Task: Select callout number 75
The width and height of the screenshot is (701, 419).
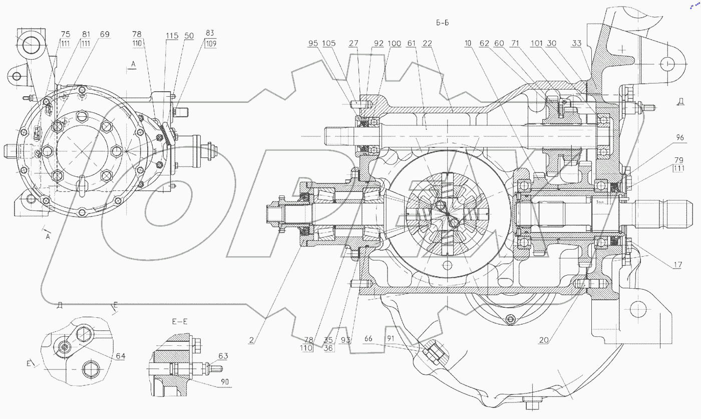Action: click(x=66, y=34)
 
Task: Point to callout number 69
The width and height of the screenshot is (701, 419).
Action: click(x=104, y=34)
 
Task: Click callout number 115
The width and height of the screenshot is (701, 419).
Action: click(x=172, y=36)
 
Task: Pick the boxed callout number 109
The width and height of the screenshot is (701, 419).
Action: click(x=210, y=44)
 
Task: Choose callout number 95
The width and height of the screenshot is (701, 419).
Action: click(x=313, y=44)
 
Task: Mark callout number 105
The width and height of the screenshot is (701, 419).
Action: click(x=329, y=44)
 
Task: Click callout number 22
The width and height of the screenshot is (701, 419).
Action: click(x=427, y=44)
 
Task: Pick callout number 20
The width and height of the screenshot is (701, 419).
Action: click(x=544, y=340)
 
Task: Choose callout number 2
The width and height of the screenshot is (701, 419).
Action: click(x=252, y=340)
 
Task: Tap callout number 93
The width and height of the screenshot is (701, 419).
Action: click(x=345, y=340)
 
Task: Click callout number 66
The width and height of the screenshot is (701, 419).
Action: click(x=370, y=340)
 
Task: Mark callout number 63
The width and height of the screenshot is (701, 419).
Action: click(x=223, y=356)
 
